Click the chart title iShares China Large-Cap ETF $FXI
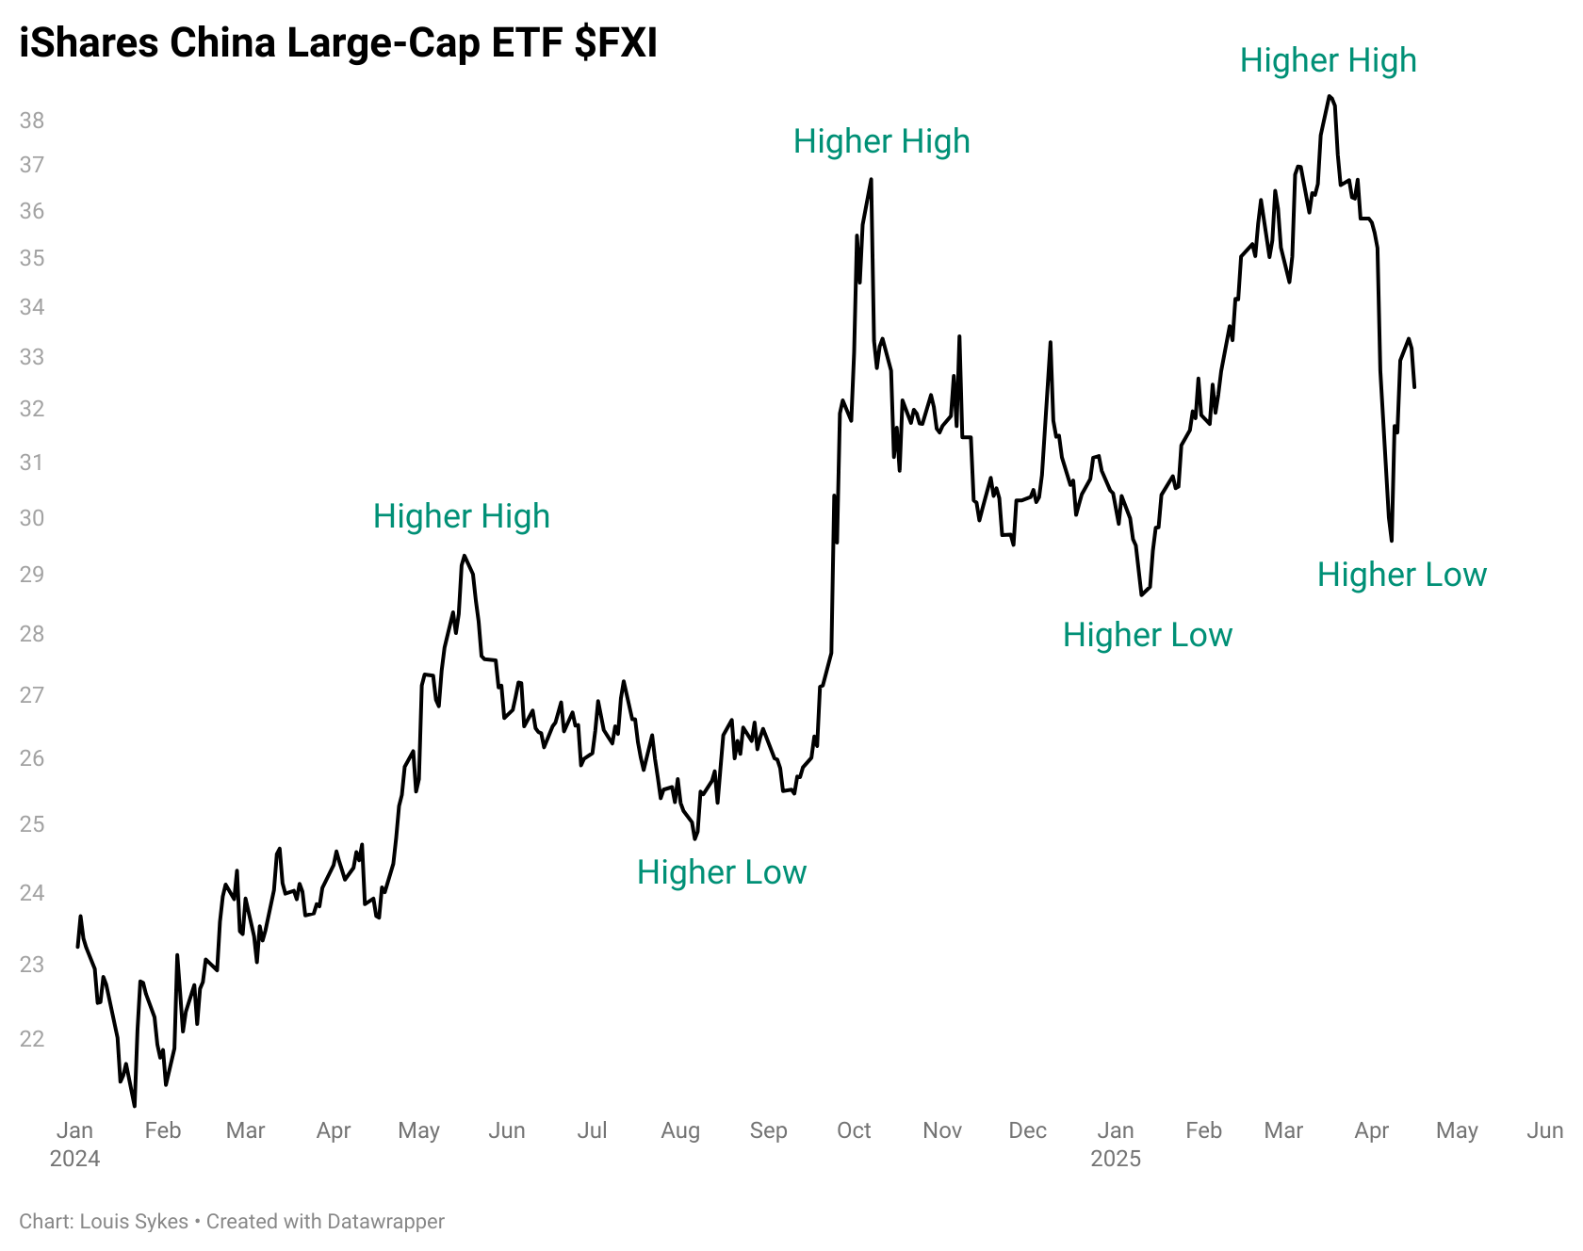click(x=337, y=43)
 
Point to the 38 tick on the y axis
click(x=32, y=121)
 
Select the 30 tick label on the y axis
click(x=32, y=518)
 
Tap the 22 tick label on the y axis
click(x=32, y=1039)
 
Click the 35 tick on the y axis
click(x=32, y=258)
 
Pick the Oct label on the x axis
click(x=854, y=1130)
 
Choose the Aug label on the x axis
click(x=680, y=1130)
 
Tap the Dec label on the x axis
click(x=1027, y=1130)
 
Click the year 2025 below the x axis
click(x=1116, y=1159)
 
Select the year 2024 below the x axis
click(x=75, y=1159)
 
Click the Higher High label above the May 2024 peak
click(x=461, y=516)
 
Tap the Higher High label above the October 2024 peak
click(x=881, y=141)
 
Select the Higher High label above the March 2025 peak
click(x=1328, y=60)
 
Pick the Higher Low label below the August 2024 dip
click(x=722, y=872)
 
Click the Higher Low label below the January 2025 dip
click(x=1147, y=635)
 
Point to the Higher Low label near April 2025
click(x=1401, y=575)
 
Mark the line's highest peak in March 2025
click(x=1330, y=96)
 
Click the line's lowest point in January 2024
click(x=134, y=1105)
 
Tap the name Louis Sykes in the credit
click(x=134, y=1222)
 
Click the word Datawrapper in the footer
click(x=385, y=1222)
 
